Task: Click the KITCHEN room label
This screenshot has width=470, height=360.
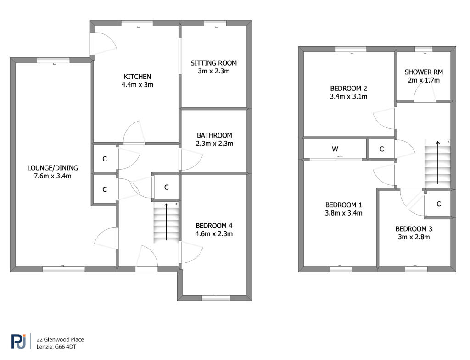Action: tap(137, 77)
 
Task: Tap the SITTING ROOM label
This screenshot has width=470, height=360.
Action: tap(214, 63)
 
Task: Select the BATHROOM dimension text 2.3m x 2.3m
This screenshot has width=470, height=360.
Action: tap(215, 144)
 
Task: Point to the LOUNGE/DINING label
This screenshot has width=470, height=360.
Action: tap(53, 168)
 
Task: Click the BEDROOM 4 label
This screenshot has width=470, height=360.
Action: tap(214, 226)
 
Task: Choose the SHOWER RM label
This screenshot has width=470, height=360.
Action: tap(424, 72)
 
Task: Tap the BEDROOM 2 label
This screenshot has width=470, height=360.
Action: tap(349, 89)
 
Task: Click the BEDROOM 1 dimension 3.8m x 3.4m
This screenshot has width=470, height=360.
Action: tap(344, 213)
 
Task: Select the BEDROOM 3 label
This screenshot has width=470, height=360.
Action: tap(414, 229)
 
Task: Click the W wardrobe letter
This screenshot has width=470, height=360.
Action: tap(335, 149)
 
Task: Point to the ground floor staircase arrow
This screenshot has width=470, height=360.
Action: tap(166, 222)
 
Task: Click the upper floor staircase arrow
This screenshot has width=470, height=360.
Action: tap(437, 162)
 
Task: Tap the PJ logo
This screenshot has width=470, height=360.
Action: tap(18, 342)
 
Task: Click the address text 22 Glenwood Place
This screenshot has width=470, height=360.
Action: tap(60, 340)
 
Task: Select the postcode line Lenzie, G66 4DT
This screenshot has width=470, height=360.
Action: tap(56, 347)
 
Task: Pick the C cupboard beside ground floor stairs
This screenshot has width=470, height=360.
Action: tap(167, 187)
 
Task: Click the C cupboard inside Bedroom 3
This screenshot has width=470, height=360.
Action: tap(439, 204)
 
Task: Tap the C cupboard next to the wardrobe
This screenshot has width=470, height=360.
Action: tap(382, 149)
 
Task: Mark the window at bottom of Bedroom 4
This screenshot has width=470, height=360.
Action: tap(216, 298)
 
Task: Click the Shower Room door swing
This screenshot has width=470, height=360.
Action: tap(425, 91)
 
